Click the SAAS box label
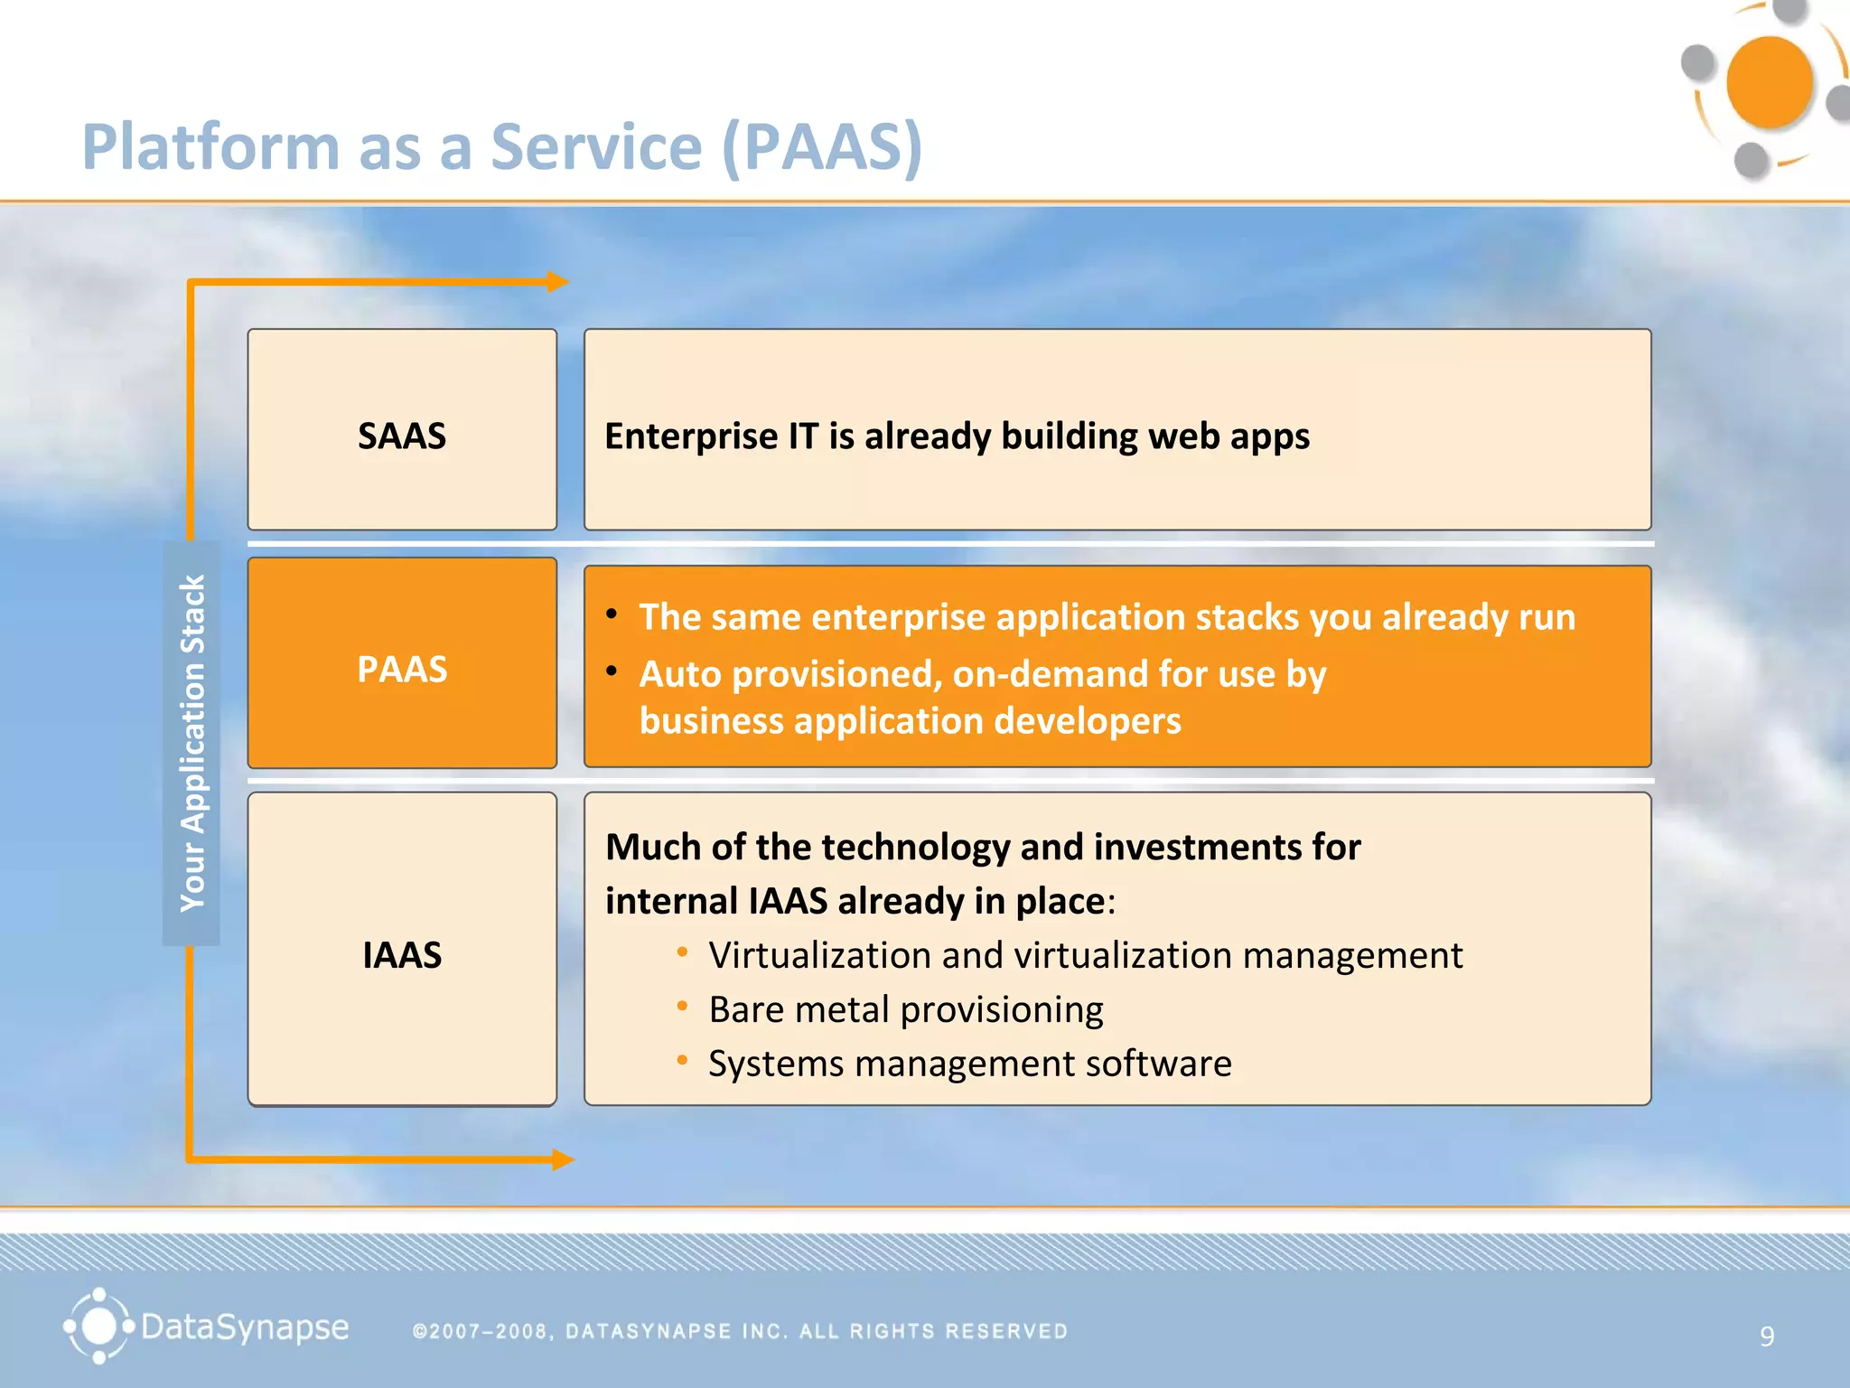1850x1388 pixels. click(x=402, y=436)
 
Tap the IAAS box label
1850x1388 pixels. click(x=402, y=955)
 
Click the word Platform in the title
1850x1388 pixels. click(x=210, y=146)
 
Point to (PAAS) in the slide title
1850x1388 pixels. click(x=822, y=146)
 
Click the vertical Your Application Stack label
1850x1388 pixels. click(x=192, y=743)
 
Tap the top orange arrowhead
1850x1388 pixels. click(x=558, y=282)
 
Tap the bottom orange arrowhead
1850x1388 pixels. click(x=563, y=1159)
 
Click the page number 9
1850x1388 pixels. click(x=1767, y=1336)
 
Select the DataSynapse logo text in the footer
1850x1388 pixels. click(x=245, y=1327)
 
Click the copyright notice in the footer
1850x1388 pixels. click(x=740, y=1331)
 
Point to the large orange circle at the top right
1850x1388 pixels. click(x=1769, y=82)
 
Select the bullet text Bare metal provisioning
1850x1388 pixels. click(x=905, y=1009)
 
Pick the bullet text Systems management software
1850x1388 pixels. click(x=969, y=1064)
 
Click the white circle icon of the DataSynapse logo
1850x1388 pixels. click(x=98, y=1327)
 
